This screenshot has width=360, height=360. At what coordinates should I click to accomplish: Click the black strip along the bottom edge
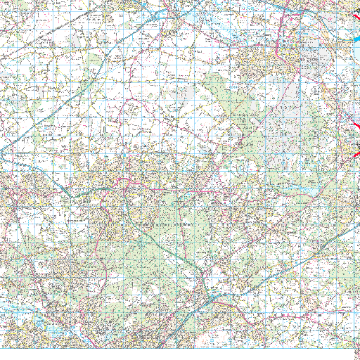click(x=176, y=354)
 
